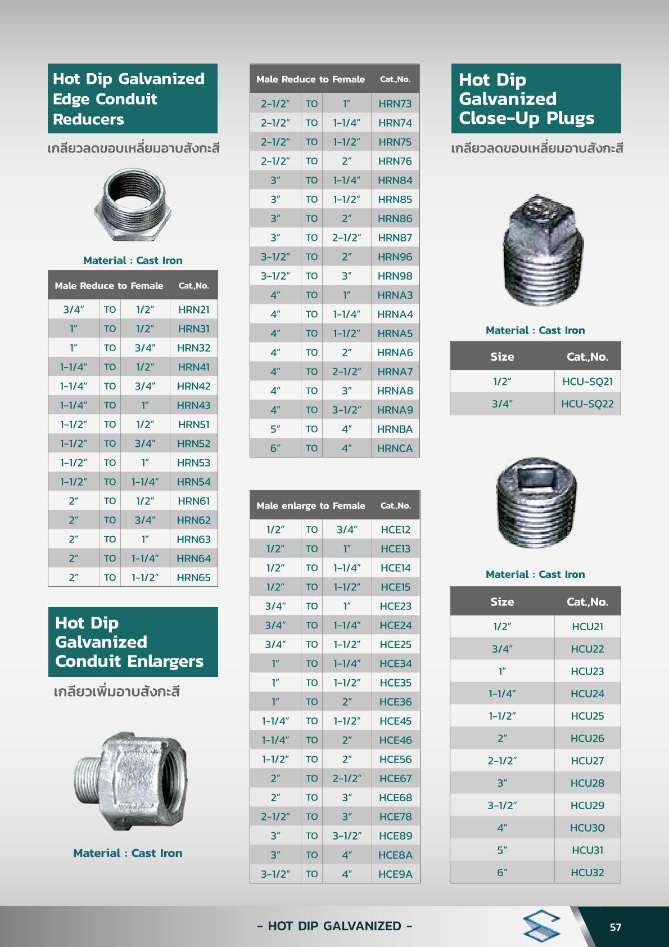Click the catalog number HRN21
(193, 309)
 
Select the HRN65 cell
(193, 577)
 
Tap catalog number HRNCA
(395, 448)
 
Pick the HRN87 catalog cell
(395, 237)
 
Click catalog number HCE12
(395, 529)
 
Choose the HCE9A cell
(395, 874)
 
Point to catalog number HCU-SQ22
(587, 404)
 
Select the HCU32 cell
(587, 873)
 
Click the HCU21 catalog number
(587, 626)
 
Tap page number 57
(616, 927)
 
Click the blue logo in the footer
(541, 926)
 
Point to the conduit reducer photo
(133, 204)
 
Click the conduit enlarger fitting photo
(132, 781)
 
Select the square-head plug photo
(543, 250)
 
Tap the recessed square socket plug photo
(536, 502)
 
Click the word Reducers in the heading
(88, 119)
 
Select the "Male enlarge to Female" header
(310, 505)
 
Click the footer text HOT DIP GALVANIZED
(334, 926)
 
